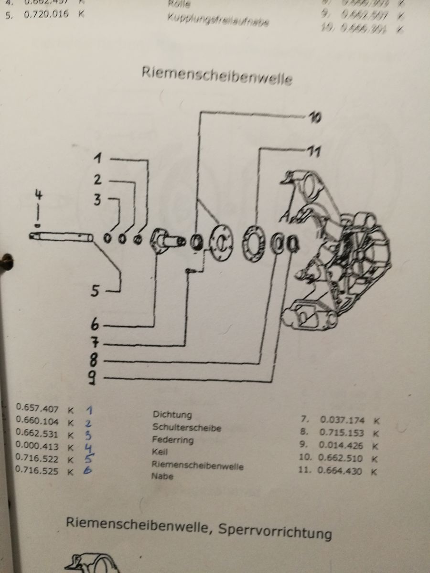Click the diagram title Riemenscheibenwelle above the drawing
pos(216,75)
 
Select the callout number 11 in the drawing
pos(313,152)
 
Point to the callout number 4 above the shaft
pos(39,194)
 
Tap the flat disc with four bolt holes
pos(221,243)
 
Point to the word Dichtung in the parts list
pos(172,415)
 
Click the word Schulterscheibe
pos(186,427)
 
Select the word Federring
pos(172,439)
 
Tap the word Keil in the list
pos(160,451)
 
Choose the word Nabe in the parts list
pos(162,476)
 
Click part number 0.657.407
pos(37,408)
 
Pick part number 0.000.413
pos(37,447)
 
